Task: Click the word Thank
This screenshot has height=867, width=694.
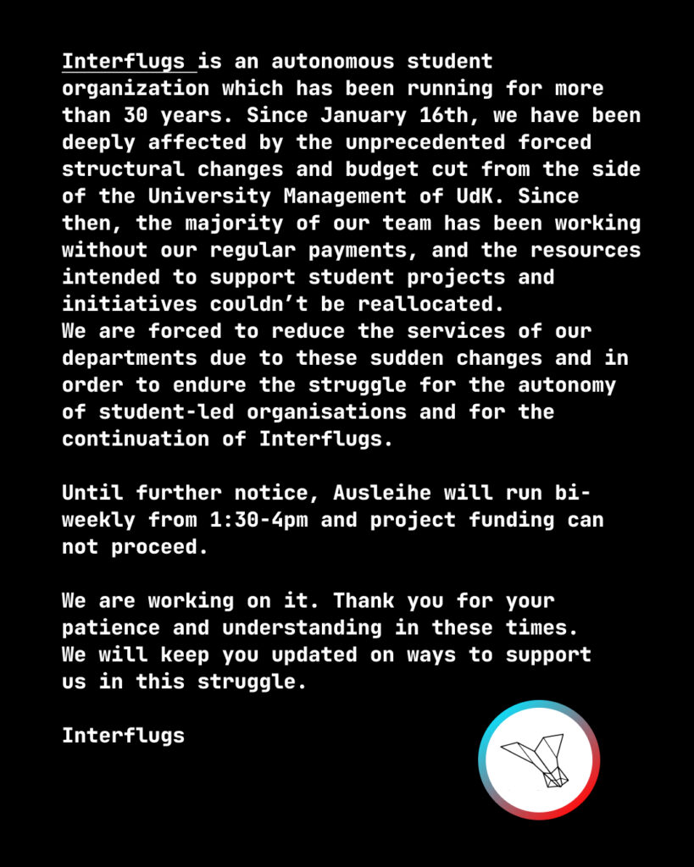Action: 363,601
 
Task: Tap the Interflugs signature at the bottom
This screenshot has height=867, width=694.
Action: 123,736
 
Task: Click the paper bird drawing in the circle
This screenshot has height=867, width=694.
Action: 538,759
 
